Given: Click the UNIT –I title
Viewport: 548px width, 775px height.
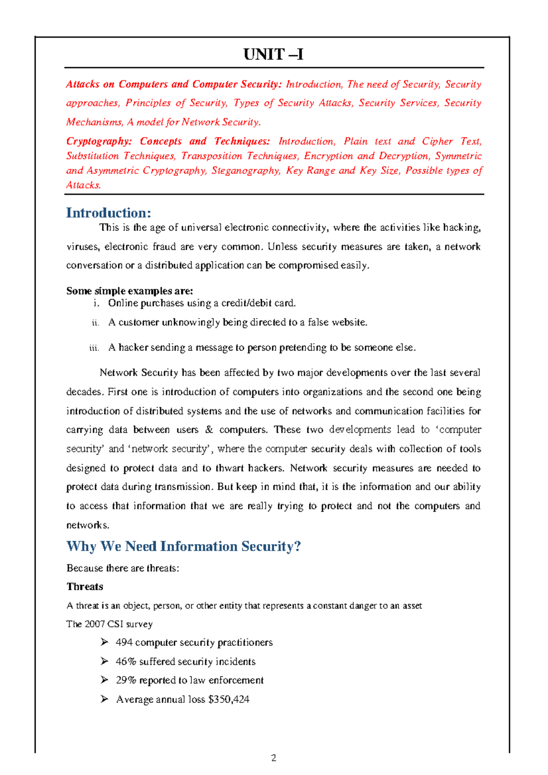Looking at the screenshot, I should (273, 55).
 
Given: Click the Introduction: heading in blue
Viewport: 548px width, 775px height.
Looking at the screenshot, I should (108, 213).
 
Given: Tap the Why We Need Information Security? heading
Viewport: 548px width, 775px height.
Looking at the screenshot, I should (184, 546).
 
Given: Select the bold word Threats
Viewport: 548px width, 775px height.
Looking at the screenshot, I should (85, 586).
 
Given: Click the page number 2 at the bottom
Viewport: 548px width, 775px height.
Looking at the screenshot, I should (274, 758).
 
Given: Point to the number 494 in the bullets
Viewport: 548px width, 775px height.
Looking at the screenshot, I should (124, 643).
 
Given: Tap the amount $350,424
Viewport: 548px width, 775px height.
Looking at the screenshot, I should (228, 700).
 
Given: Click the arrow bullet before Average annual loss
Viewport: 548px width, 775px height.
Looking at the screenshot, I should (105, 699).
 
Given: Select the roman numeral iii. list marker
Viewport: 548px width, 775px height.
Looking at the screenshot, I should (94, 348).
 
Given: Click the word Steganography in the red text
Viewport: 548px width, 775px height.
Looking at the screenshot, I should (246, 171).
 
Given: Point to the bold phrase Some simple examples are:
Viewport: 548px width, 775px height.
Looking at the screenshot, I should (130, 291).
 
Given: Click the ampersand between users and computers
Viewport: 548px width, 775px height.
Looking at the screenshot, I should (209, 430).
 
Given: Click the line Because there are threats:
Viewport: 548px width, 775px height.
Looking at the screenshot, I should (122, 568).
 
